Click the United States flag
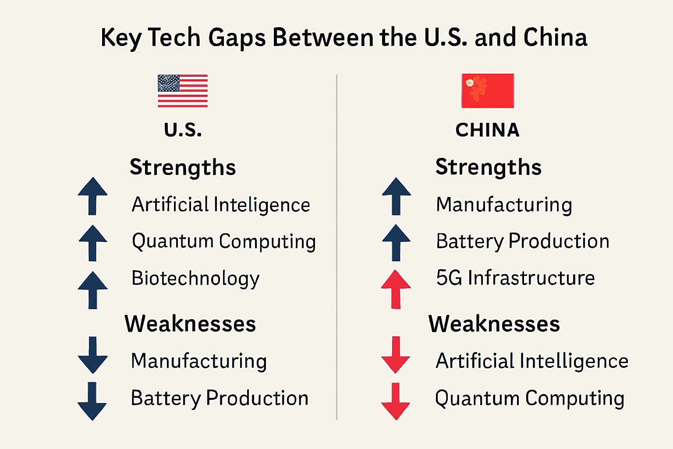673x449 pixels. point(183,91)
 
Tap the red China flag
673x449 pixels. point(488,91)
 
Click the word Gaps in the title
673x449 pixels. point(237,38)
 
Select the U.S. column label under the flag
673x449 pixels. point(183,130)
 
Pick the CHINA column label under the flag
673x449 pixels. point(487,130)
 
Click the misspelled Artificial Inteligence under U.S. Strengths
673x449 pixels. point(221,205)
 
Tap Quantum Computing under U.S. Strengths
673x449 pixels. point(224,242)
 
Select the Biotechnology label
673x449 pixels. point(195,278)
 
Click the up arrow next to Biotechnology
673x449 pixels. point(92,290)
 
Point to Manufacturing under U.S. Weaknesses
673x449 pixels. point(199,361)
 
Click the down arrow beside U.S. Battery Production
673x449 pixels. point(92,401)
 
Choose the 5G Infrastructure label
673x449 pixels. point(515,278)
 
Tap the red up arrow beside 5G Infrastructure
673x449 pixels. point(396,289)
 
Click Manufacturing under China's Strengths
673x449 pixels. point(504,205)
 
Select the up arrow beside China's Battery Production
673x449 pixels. point(396,242)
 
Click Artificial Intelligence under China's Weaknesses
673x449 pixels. point(532,361)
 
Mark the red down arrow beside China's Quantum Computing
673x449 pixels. point(396,401)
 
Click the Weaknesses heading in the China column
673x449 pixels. point(494,324)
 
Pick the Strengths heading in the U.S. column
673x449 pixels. point(183,167)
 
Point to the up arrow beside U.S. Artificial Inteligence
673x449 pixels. point(92,196)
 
